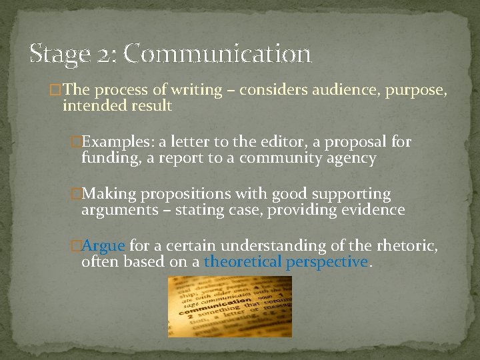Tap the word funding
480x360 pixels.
(107, 158)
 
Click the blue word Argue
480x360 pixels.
(103, 247)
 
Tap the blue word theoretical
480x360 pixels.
(243, 262)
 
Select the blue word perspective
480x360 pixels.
(327, 262)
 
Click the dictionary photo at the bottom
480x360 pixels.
(230, 306)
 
